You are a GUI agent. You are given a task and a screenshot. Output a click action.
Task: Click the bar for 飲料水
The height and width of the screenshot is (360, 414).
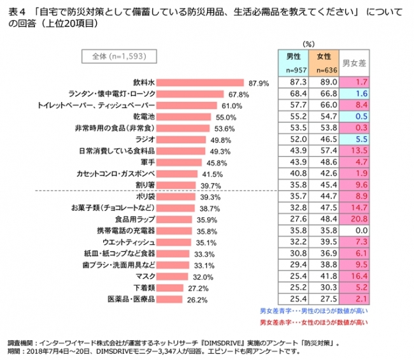point(201,82)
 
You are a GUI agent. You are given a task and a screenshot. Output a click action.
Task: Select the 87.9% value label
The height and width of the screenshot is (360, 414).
point(260,83)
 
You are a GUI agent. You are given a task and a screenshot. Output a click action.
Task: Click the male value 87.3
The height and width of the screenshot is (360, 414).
point(294,83)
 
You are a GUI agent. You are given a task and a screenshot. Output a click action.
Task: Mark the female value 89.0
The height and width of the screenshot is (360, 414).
point(324,83)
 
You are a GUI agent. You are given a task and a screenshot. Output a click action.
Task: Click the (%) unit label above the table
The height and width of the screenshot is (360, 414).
point(310,44)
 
